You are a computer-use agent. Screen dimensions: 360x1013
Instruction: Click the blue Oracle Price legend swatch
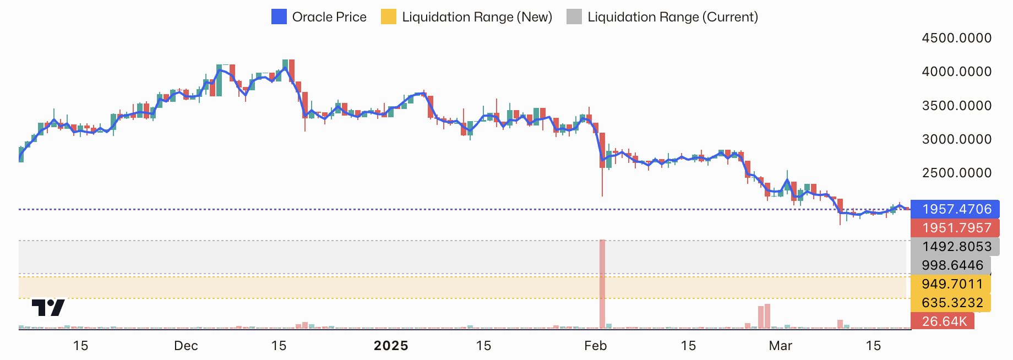coord(279,17)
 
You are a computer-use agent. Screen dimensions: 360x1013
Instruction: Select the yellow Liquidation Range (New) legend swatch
coord(389,17)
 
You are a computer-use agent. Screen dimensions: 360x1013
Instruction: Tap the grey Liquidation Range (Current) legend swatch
coord(574,17)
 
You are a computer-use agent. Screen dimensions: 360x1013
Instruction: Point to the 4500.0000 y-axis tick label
coord(956,38)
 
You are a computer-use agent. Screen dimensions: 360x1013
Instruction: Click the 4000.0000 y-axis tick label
coord(956,72)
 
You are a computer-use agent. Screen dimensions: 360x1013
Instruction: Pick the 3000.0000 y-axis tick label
coord(956,139)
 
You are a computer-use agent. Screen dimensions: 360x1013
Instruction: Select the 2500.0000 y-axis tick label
coord(956,173)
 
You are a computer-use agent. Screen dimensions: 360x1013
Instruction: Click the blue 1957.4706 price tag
coord(956,209)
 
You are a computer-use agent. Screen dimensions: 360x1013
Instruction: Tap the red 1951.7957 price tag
coord(956,228)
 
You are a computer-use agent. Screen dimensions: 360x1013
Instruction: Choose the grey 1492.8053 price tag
coord(956,247)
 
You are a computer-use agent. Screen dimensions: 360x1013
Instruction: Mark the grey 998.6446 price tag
coord(951,265)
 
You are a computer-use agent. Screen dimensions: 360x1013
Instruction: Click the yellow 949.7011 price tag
coord(951,284)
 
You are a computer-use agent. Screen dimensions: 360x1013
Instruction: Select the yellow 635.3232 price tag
coord(951,303)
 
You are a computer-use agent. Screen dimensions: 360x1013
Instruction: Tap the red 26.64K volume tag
coord(943,321)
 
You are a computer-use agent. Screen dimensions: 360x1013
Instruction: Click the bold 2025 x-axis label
coord(391,346)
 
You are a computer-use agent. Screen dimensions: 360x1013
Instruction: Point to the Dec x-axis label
coord(186,346)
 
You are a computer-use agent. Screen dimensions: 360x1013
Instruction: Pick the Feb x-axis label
coord(595,346)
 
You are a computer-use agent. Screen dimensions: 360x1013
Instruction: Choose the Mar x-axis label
coord(780,346)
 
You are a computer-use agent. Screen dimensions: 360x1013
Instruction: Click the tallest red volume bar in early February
coord(602,284)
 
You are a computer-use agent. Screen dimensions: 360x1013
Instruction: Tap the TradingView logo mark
coord(48,307)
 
